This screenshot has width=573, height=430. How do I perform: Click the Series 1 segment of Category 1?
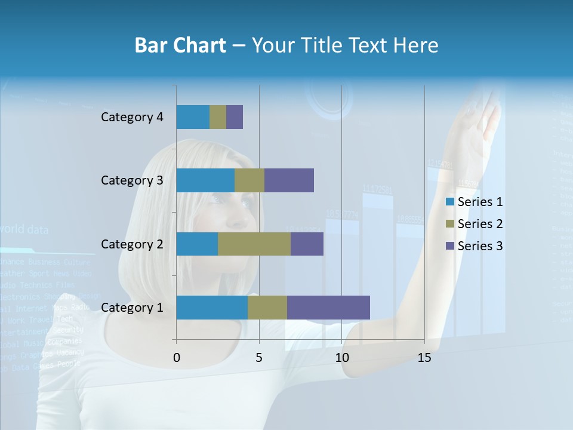[212, 308]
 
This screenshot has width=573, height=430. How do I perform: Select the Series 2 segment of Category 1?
[267, 308]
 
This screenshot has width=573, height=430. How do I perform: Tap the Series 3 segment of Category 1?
[328, 308]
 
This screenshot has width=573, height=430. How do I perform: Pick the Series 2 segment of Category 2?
[254, 244]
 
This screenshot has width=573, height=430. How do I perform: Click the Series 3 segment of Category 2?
[307, 244]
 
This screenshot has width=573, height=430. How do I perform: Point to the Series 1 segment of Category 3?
[205, 180]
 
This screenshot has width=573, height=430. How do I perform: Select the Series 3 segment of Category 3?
[289, 180]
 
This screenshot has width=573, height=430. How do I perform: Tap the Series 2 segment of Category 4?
[218, 117]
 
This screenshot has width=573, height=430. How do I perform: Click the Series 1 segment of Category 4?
[193, 117]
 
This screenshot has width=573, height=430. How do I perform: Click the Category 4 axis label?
[132, 117]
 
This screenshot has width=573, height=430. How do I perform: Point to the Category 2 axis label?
[132, 244]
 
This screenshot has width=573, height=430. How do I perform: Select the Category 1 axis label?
[132, 308]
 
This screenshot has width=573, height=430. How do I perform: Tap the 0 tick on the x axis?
[176, 358]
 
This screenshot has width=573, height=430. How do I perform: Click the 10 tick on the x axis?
[341, 358]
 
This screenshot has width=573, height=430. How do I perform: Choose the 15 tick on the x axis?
[424, 358]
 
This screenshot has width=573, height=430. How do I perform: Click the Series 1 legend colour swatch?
[449, 202]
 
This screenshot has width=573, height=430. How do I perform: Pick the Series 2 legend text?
[480, 224]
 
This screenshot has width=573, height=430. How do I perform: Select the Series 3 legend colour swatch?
[449, 246]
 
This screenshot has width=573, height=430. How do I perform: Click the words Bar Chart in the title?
[180, 45]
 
